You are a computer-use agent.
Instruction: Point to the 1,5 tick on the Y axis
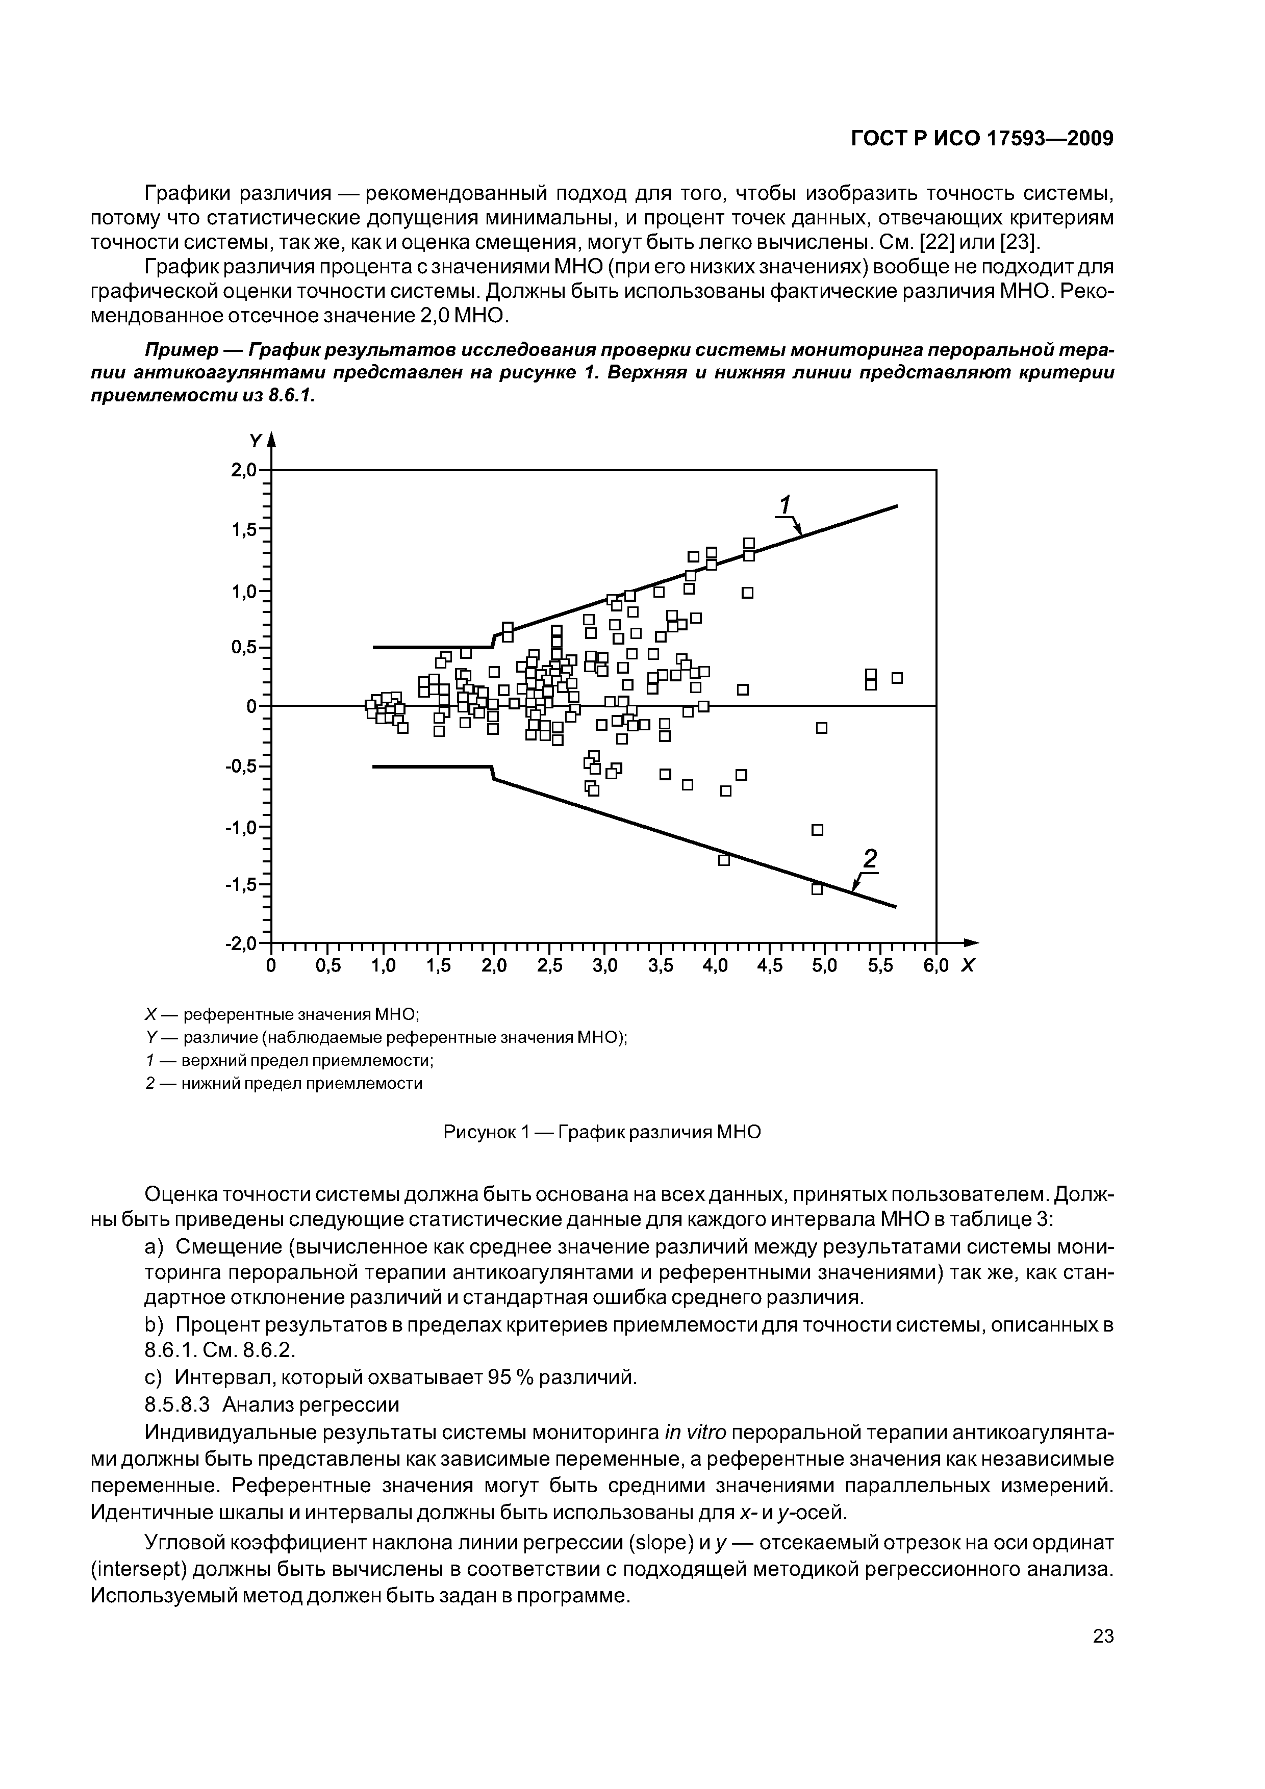click(x=244, y=530)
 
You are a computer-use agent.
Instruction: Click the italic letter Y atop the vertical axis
click(x=254, y=441)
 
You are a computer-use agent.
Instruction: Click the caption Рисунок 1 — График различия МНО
click(x=602, y=1131)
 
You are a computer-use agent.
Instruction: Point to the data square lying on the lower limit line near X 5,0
click(x=817, y=889)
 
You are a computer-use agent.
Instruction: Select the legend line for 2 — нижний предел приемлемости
click(x=284, y=1083)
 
